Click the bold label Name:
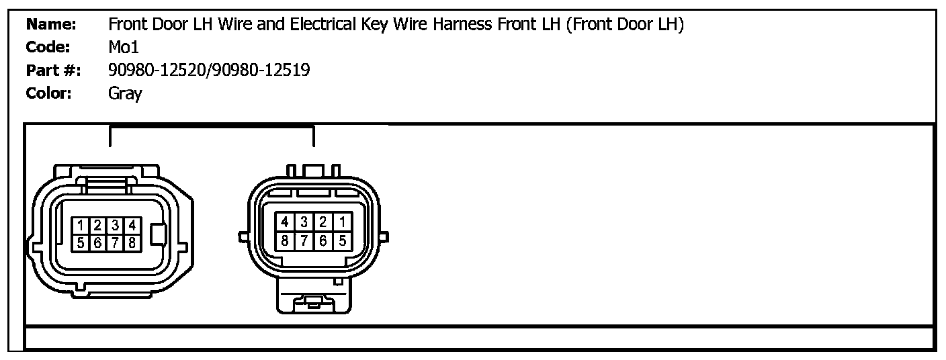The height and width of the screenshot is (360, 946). coord(51,26)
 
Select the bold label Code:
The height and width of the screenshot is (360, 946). coord(48,48)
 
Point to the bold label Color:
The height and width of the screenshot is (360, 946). coord(48,93)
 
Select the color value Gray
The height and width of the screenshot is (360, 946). coord(125,93)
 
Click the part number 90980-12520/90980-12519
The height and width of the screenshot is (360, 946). coord(209,71)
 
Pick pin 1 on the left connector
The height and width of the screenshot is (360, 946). coord(80,226)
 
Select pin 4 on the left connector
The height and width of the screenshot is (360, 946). coord(132,226)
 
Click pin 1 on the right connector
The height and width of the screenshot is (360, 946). coord(342,222)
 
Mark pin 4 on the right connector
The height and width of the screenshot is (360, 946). coord(285,222)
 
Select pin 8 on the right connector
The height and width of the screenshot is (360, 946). coord(285,239)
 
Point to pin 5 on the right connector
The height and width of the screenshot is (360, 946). coord(342,239)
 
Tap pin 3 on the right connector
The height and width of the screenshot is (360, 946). coord(304,222)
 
